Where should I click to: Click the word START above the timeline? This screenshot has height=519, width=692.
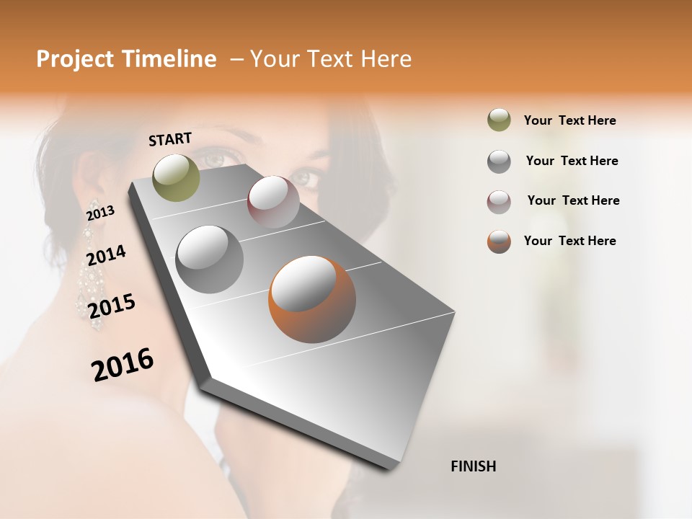point(170,139)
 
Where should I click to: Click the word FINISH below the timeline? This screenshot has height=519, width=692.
point(473,466)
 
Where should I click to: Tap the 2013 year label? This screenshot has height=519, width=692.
point(100,213)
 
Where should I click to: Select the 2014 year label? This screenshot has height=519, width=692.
point(106,255)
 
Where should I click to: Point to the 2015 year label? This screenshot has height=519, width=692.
point(112,306)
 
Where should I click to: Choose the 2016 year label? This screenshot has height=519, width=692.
point(123,364)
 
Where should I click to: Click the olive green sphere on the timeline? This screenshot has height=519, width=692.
point(176,177)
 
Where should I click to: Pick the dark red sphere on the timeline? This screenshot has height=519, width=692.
point(273,202)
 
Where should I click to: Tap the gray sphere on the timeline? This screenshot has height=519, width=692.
point(209,259)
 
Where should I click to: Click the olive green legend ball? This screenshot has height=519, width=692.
point(499,120)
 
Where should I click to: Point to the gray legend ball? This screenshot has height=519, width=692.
point(499,161)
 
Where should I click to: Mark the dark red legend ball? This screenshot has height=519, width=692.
point(499,201)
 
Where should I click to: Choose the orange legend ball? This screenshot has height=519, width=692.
point(499,241)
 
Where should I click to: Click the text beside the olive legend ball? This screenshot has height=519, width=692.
point(569,120)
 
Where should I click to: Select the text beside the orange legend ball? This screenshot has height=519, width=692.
point(569,241)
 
